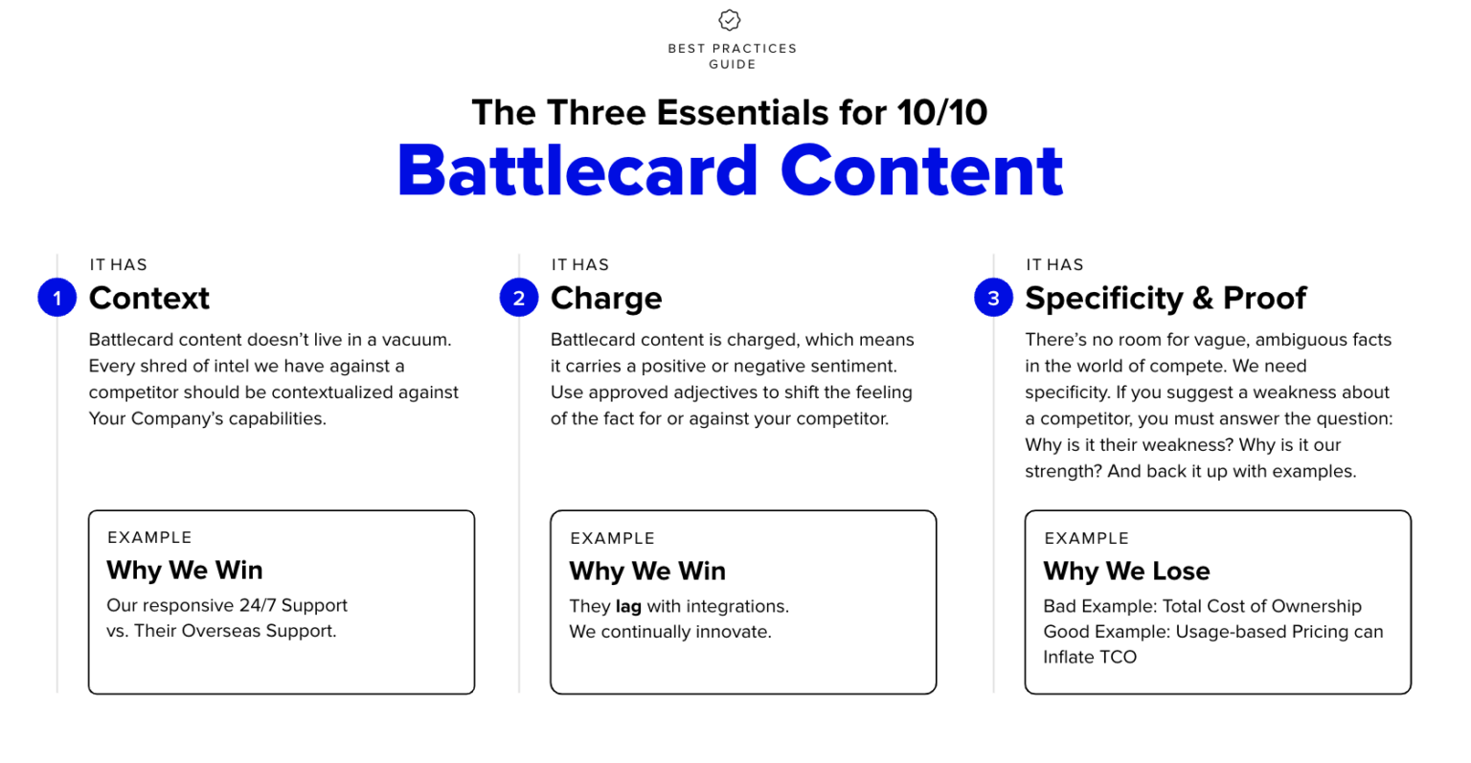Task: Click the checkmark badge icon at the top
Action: [730, 20]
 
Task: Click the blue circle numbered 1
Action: [57, 298]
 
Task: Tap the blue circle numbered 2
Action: [518, 298]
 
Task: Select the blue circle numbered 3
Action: [993, 298]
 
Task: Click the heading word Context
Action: [148, 298]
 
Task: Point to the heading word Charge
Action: [606, 298]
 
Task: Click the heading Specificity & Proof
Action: [1165, 298]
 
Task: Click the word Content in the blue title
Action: [922, 170]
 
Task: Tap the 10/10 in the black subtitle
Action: [942, 113]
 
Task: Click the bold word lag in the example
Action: [628, 607]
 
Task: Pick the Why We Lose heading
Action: [1126, 572]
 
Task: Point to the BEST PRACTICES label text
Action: [732, 48]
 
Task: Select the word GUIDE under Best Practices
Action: [733, 64]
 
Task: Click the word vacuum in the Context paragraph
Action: [418, 340]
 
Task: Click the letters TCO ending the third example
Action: [1116, 658]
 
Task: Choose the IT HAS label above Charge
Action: [579, 264]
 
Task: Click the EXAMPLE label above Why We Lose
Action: [1086, 538]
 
